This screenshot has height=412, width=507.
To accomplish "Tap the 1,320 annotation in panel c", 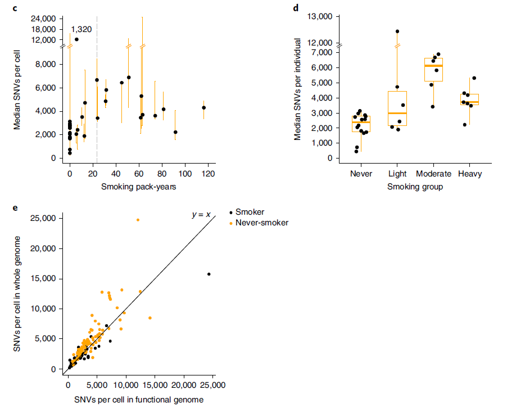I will click(80, 29).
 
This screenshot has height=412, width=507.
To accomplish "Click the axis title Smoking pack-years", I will click(139, 187).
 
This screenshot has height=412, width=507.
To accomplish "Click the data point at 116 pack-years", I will click(204, 107).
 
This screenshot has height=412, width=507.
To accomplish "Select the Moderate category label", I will click(433, 174).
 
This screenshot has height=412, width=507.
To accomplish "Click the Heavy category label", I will click(470, 174).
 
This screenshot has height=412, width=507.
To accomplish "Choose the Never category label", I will click(361, 174).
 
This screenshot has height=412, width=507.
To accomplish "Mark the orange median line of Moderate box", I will click(433, 66).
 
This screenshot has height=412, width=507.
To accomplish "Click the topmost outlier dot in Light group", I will click(397, 31).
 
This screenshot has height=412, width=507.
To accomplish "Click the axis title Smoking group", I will click(415, 187).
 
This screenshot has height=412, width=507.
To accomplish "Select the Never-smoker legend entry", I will click(261, 223).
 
